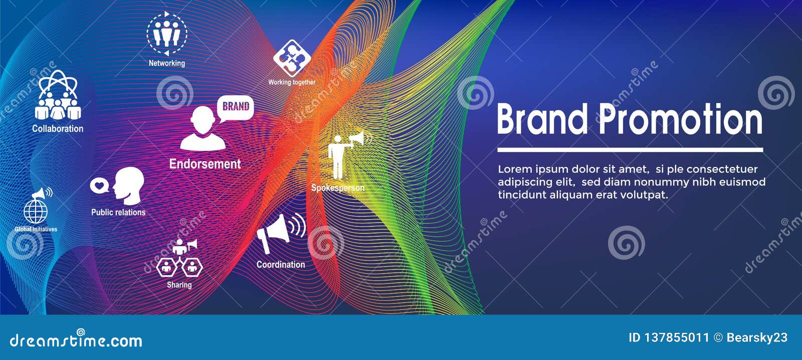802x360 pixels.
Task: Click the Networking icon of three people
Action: (x=166, y=34)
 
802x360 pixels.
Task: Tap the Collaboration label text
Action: (x=58, y=128)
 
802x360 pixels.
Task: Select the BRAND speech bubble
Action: (x=236, y=107)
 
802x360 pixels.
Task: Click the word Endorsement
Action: (x=205, y=164)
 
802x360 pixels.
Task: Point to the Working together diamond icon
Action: (x=292, y=58)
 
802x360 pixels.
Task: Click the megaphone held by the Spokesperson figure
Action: (x=358, y=139)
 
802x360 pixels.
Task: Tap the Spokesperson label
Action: (x=338, y=188)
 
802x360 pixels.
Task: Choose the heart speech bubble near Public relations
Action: (x=99, y=186)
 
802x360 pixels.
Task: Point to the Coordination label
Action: (x=281, y=264)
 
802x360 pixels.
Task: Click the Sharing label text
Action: (x=179, y=285)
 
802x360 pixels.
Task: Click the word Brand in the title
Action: (x=542, y=119)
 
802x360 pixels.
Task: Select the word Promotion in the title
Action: (x=681, y=119)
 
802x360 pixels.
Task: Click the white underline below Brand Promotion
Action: (x=630, y=149)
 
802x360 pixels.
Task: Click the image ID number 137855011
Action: (x=676, y=338)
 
